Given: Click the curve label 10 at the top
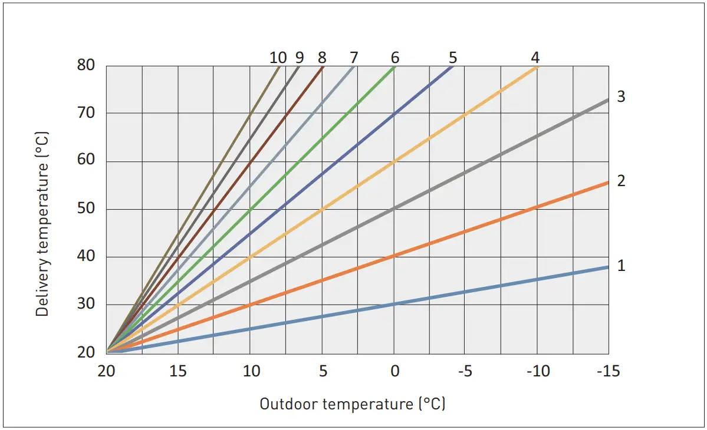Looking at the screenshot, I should coord(278,58).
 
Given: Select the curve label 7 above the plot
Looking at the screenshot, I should coord(354,58).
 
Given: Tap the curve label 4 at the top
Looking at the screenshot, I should coord(535,58).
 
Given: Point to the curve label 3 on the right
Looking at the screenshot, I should coord(621,97).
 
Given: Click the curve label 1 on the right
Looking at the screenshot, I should coord(621,266).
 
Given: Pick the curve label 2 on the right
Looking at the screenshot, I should coord(621,181).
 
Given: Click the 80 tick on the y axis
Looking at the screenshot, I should coord(86,65).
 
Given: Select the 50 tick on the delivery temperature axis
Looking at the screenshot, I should coord(86,209).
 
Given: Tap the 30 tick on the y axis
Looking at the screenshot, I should coord(86,305).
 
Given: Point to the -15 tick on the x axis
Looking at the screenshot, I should coord(608,372).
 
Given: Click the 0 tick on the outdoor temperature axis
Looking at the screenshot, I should coord(394,372).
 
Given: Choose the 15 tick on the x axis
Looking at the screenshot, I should coord(178,372).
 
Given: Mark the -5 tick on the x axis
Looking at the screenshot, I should coord(465,372).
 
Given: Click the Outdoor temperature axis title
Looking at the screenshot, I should coord(353,404).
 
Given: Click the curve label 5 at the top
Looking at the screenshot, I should coord(452,58).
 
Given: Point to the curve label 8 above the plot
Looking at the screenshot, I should coord(321,58).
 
